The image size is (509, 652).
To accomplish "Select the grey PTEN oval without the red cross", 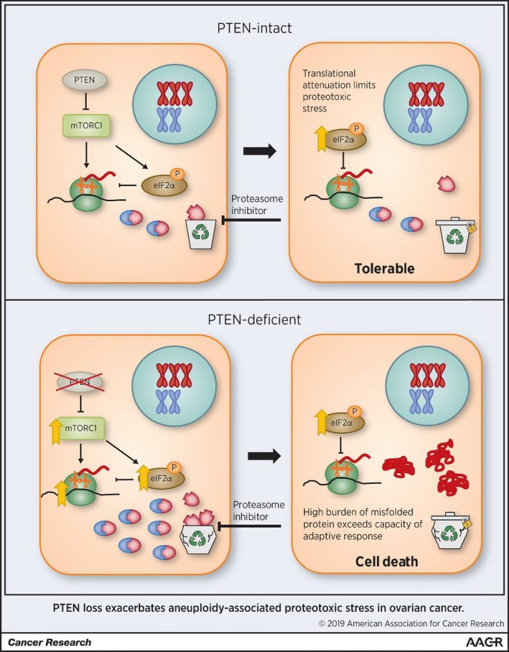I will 83,81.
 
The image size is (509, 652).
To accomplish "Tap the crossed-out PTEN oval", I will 79,381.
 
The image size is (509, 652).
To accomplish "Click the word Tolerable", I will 384,269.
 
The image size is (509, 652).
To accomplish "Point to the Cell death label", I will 387,561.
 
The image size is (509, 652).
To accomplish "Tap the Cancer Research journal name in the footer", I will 49,642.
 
